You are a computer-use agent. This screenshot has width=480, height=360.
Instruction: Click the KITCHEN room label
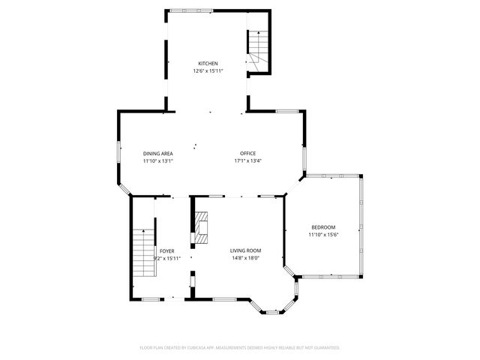point(208,63)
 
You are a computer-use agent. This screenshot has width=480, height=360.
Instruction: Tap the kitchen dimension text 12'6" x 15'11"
point(208,71)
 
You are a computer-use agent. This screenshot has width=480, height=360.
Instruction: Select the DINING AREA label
point(158,153)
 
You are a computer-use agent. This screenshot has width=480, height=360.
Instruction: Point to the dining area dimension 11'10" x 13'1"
point(158,160)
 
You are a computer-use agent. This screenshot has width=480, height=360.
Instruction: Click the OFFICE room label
point(247,153)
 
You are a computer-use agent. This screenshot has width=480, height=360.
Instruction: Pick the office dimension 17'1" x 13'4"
point(247,160)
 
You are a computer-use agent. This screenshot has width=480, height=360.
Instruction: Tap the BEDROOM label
point(323,227)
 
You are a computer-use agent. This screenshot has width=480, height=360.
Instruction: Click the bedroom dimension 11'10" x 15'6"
point(323,235)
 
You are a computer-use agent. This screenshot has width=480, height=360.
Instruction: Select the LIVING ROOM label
point(245,250)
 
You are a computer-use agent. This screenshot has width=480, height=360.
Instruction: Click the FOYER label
point(166,250)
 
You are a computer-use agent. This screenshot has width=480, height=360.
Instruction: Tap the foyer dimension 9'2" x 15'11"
point(166,258)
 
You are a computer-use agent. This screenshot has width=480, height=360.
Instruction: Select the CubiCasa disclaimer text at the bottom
point(240,348)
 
